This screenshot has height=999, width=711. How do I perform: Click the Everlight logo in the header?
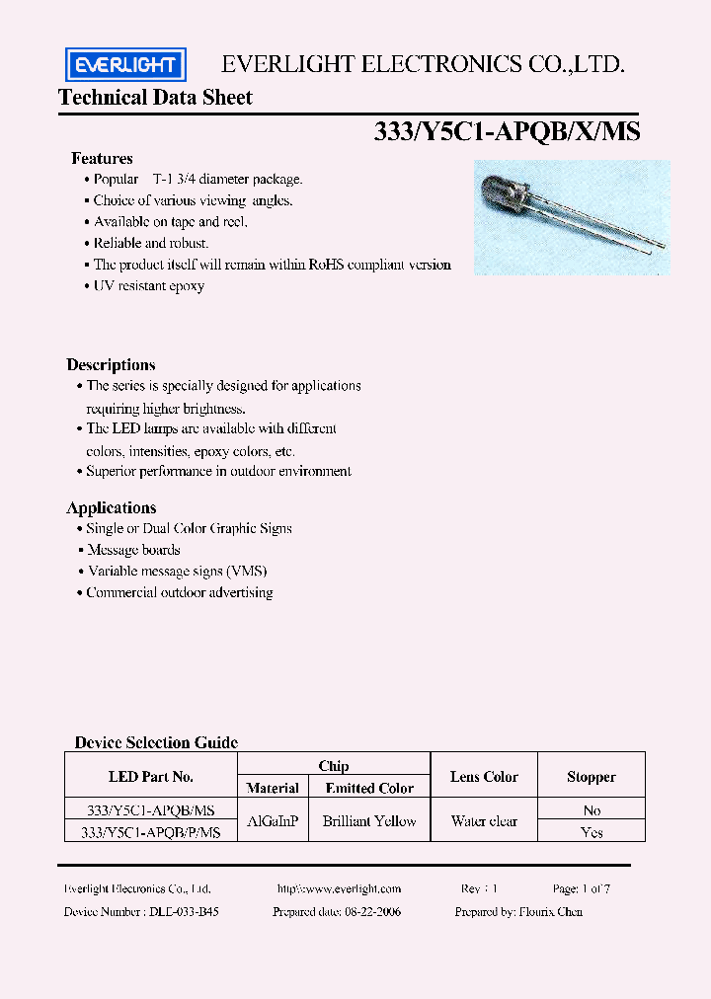(124, 65)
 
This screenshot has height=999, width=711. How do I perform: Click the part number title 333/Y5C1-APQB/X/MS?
(508, 131)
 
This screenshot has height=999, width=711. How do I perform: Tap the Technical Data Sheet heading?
(156, 98)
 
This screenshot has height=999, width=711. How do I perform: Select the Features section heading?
(102, 159)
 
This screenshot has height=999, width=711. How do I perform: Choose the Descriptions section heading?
(111, 365)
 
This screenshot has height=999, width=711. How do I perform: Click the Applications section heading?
(111, 508)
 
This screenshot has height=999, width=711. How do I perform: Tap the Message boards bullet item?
(133, 550)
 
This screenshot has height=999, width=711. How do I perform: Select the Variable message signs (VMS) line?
(177, 572)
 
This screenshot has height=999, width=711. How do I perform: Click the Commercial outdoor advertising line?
(179, 593)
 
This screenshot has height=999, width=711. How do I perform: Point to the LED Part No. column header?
(150, 777)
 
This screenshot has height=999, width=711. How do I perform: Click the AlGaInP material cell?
(273, 821)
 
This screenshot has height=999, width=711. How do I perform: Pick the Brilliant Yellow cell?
(369, 821)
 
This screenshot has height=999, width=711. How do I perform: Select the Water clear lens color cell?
(484, 821)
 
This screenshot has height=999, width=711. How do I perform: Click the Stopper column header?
(591, 777)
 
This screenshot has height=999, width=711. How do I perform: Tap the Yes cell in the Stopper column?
(592, 832)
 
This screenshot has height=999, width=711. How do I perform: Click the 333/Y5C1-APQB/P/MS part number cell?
(150, 832)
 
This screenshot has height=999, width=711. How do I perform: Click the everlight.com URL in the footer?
(339, 889)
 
